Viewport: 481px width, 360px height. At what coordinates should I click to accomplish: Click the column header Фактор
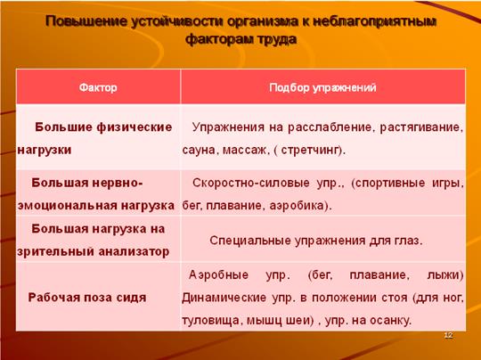(x=98, y=88)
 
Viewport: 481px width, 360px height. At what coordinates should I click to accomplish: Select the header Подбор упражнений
(x=322, y=88)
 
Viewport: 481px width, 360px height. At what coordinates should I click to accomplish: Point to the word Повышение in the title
(x=86, y=21)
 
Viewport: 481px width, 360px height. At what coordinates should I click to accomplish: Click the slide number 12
(x=448, y=335)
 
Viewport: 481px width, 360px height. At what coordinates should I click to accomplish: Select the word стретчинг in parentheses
(x=310, y=150)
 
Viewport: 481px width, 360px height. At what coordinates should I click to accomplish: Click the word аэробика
(x=297, y=206)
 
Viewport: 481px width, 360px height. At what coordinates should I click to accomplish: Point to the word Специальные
(x=250, y=241)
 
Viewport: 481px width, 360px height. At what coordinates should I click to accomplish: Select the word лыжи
(x=444, y=275)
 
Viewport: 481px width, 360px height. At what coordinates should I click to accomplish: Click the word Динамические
(x=224, y=298)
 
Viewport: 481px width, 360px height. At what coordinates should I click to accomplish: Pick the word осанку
(x=389, y=321)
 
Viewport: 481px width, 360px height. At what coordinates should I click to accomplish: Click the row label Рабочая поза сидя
(x=87, y=298)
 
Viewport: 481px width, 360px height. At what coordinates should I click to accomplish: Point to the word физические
(x=135, y=127)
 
